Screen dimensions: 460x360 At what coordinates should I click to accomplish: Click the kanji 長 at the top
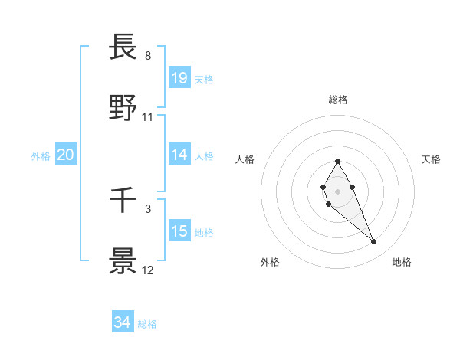123,47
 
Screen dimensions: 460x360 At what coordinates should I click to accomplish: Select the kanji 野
123,108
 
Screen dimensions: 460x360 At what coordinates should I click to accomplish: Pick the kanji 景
123,261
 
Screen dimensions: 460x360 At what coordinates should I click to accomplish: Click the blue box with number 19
179,77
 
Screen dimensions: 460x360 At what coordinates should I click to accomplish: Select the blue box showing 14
179,154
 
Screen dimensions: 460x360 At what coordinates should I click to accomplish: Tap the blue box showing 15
179,231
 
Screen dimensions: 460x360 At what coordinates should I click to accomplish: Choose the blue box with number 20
66,155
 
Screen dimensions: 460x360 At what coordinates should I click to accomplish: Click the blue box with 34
123,322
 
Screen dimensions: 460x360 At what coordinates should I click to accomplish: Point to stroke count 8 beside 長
148,56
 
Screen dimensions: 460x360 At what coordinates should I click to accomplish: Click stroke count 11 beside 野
148,117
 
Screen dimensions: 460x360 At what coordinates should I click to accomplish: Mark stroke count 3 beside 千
148,208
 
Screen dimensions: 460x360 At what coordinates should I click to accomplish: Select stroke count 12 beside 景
148,270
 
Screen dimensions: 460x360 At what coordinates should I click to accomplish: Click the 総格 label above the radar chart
338,100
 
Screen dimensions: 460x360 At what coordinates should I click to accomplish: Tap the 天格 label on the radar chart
432,159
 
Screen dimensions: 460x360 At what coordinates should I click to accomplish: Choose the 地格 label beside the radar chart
402,262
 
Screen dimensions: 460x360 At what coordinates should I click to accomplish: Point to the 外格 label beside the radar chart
270,262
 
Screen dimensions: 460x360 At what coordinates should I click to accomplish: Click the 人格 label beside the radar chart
245,159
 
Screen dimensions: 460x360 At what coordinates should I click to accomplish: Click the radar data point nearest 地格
373,242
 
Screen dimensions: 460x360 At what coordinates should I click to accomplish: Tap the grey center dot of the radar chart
337,191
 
